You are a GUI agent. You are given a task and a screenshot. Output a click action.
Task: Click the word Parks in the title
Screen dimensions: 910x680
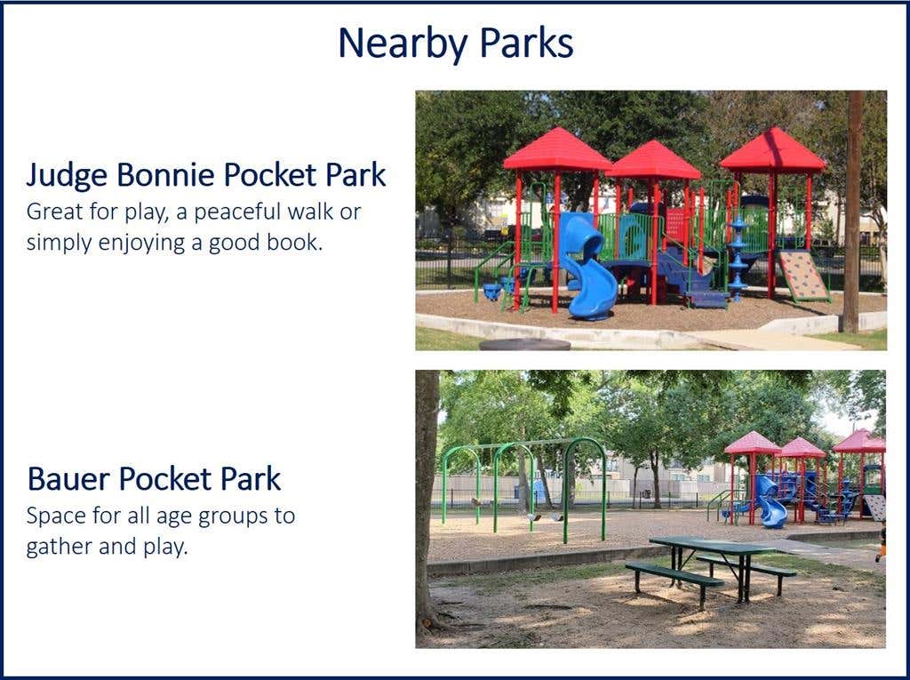[x=526, y=43]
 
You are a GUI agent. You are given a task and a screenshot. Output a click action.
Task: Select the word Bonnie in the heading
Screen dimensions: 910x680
[x=165, y=174]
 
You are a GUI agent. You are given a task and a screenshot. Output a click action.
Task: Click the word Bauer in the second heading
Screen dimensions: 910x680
[x=68, y=479]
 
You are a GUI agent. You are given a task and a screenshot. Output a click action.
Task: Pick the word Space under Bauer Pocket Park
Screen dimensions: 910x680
[x=54, y=516]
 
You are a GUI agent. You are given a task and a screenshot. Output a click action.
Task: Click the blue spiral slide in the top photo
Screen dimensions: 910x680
[x=587, y=268]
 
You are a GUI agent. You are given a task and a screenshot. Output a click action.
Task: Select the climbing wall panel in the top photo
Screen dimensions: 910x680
[x=804, y=276]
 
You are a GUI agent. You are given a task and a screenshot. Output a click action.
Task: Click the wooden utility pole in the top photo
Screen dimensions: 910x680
[x=852, y=212]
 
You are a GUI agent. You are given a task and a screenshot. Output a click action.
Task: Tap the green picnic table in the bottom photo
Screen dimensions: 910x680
[x=712, y=567]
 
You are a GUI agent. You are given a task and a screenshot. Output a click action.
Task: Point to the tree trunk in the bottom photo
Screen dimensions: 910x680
[x=427, y=500]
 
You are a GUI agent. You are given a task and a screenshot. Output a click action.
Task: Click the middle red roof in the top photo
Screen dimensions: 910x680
[x=652, y=160]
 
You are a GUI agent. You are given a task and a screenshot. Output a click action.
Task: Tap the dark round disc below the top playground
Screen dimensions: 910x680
[x=524, y=344]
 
